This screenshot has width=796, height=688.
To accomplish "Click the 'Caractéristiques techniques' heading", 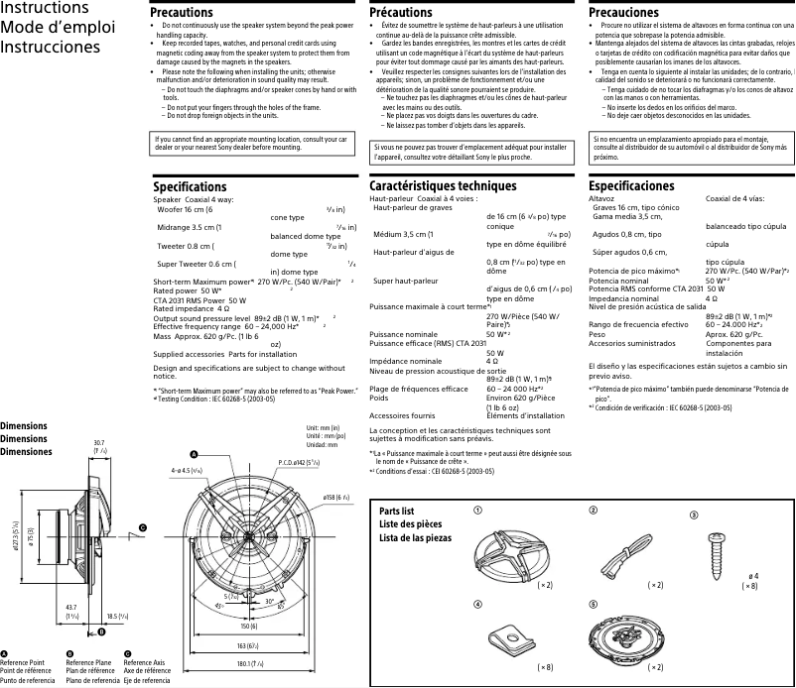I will (x=443, y=185).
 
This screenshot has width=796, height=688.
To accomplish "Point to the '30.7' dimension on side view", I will (x=98, y=443).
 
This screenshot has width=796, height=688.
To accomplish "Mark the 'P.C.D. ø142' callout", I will (x=298, y=462).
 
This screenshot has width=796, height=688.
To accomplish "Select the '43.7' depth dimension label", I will (x=69, y=607).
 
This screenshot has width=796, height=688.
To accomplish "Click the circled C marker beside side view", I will (x=142, y=528).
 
